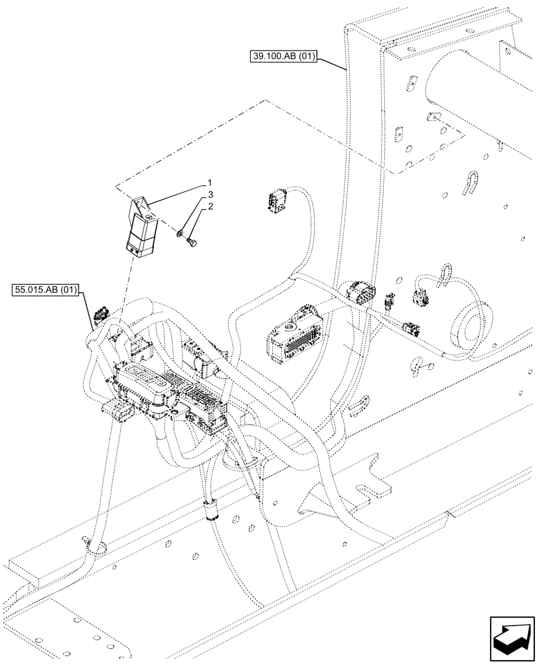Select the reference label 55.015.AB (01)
pos(45,290)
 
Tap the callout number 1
pos(209,182)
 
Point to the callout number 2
pos(209,207)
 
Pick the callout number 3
pos(209,195)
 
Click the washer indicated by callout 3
pos(180,233)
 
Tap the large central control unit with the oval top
pos(149,386)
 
